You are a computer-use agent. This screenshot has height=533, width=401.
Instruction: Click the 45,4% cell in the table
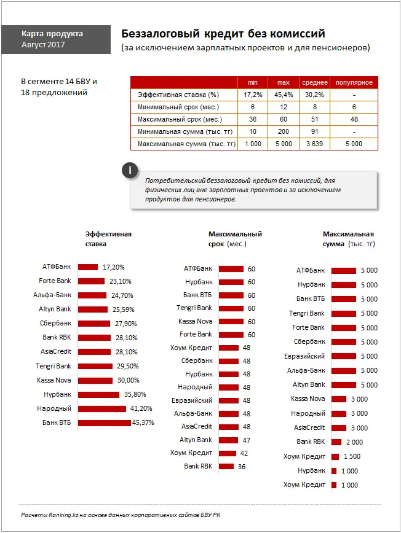[283, 95]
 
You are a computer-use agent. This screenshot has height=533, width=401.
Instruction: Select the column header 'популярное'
[354, 82]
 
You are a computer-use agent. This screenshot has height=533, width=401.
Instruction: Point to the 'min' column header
[252, 82]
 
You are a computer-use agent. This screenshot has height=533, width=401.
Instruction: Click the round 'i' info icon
[129, 170]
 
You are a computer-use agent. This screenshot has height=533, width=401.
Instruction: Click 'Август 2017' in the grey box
[42, 45]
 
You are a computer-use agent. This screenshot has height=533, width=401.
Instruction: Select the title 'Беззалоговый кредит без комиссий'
[223, 33]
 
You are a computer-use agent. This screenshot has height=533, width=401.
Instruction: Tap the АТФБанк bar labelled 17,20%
[88, 267]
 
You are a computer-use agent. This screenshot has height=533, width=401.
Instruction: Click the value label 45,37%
[143, 422]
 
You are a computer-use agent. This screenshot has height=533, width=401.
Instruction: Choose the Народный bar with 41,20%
[103, 408]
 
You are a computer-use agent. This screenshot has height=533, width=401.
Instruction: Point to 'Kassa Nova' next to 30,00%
[55, 380]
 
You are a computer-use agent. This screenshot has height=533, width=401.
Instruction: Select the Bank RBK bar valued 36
[226, 467]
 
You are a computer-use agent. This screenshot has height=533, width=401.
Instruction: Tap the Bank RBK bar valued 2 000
[336, 442]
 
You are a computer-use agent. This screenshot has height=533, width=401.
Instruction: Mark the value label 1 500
[352, 456]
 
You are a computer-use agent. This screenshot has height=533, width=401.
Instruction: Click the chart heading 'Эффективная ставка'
[108, 239]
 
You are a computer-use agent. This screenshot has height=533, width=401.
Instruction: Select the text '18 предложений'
[54, 93]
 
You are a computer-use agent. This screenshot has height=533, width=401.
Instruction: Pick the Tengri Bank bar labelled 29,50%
[95, 366]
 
